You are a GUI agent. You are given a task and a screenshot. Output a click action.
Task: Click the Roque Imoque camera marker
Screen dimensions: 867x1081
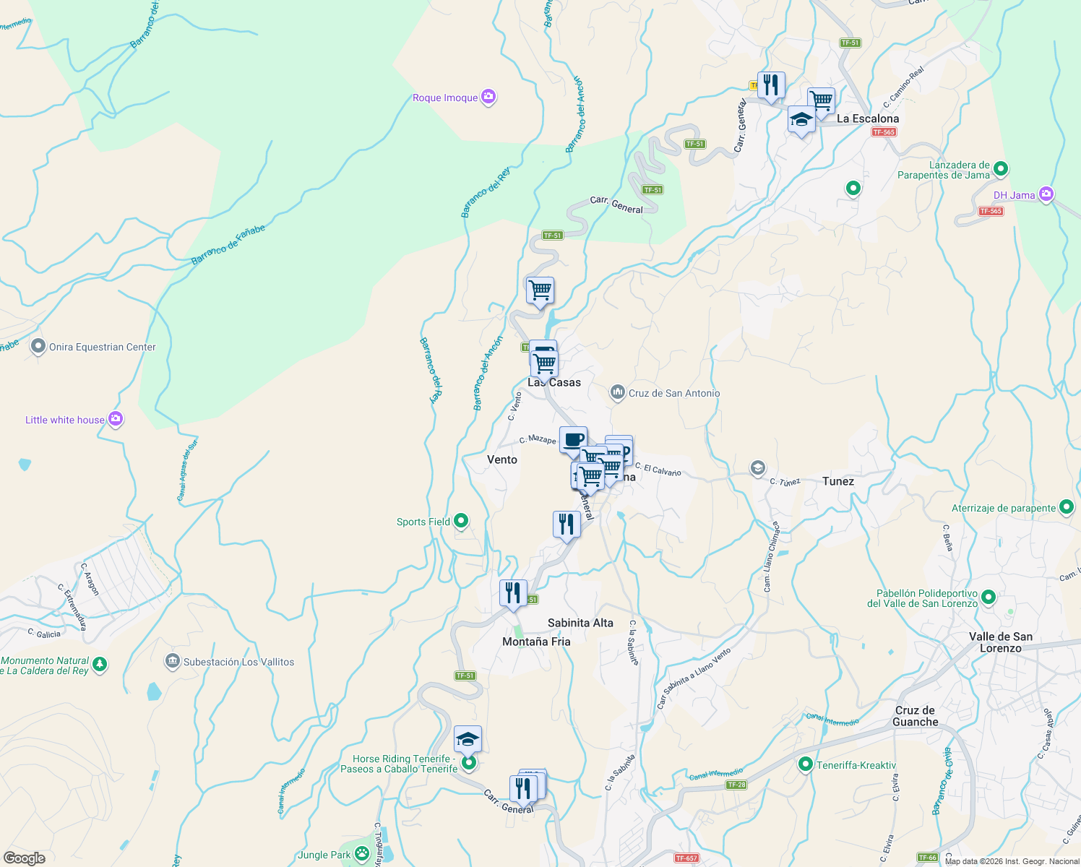[x=488, y=97]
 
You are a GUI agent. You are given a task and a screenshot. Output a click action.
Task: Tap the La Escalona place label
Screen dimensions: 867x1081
[x=868, y=118]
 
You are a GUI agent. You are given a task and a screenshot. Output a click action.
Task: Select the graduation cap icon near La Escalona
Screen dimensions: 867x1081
[x=801, y=119]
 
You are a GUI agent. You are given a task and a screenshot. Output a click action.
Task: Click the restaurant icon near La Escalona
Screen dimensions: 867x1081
[x=771, y=85]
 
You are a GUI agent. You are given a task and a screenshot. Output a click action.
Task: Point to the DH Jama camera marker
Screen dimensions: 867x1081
[x=1046, y=194]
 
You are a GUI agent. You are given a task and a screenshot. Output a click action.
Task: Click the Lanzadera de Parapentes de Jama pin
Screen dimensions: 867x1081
[x=1001, y=169]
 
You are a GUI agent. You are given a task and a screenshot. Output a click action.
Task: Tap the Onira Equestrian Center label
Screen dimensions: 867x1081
[x=102, y=347]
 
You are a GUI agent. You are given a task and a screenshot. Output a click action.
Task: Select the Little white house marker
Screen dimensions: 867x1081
[x=115, y=419]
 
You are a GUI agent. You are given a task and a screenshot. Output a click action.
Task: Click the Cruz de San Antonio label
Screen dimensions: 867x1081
[x=673, y=393]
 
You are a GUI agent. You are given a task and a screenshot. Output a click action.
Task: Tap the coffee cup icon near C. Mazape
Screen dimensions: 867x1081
[x=573, y=439]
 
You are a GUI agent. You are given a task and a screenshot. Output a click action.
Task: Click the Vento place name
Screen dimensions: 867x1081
[x=502, y=460]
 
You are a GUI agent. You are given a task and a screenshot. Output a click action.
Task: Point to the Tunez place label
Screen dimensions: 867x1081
[x=838, y=481]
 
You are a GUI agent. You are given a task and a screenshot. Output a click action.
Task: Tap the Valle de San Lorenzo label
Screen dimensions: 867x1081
[x=1001, y=642]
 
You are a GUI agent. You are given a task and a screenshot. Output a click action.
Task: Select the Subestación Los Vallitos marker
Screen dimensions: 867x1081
[x=172, y=661]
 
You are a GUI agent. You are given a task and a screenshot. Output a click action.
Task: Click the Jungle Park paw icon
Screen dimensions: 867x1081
[x=362, y=855]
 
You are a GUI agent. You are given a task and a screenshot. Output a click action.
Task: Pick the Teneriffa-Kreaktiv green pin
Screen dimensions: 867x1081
[x=806, y=764]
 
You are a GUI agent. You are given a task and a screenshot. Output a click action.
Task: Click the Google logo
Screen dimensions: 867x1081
[x=25, y=858]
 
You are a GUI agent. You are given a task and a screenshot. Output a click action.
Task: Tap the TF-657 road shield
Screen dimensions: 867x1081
[x=686, y=858]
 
